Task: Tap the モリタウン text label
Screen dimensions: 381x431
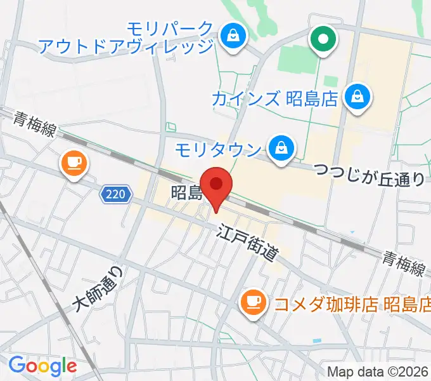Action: coord(218,150)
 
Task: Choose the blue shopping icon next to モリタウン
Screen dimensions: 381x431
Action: coord(279,149)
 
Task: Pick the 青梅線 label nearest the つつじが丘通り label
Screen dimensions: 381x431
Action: coord(402,262)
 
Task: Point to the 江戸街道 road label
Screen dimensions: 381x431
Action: coord(247,243)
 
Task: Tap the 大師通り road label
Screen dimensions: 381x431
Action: coord(96,289)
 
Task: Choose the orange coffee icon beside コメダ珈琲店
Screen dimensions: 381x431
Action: coord(254,300)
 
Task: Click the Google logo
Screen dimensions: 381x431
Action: coord(42,366)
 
